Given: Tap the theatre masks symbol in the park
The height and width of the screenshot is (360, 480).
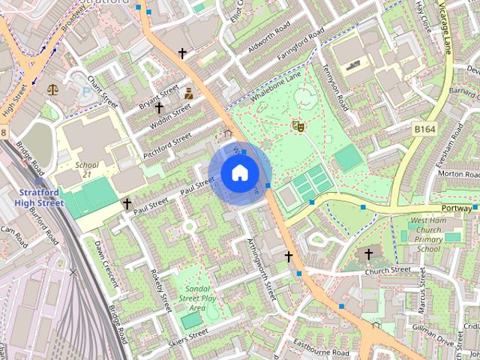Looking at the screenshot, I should pos(298,127).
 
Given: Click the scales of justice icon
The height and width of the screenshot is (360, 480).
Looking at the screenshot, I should pos(52,89).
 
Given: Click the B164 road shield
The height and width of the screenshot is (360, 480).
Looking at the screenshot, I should pos(425,130).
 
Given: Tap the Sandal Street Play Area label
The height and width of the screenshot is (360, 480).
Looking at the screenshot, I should pos(197,297).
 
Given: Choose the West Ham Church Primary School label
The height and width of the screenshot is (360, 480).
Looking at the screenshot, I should pos(428,234).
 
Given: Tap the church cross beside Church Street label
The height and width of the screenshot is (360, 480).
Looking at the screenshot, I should pos(368,254).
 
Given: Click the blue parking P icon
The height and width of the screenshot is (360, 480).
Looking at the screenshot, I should pos(85,91).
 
